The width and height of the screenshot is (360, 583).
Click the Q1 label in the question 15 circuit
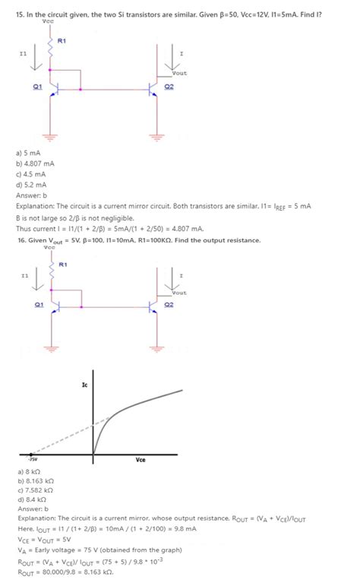[x=37, y=87]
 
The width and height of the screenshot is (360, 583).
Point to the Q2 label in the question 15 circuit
[x=169, y=87]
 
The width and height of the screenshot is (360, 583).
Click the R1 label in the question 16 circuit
[x=64, y=264]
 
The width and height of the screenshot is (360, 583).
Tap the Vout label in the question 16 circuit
[x=179, y=293]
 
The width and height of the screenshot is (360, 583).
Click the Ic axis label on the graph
[x=84, y=386]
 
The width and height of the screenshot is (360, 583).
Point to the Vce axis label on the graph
[x=141, y=460]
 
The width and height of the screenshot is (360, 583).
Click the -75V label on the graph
[x=32, y=460]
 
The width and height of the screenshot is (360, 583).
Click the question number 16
[x=21, y=240]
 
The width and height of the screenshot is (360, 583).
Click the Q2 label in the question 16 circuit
[x=169, y=305]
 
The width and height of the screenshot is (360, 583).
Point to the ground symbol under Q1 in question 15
[x=50, y=137]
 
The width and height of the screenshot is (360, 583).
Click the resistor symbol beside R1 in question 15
[x=51, y=47]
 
